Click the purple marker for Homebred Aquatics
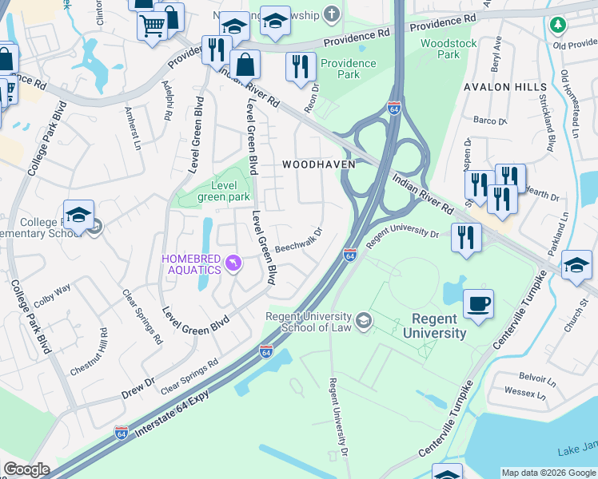233,263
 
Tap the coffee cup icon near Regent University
478,304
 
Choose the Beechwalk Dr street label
298,241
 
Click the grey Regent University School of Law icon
365,321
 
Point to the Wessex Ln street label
524,393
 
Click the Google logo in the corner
26,469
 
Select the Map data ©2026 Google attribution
548,473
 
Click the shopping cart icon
152,25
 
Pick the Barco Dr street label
489,121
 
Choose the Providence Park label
348,69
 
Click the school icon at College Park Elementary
78,216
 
